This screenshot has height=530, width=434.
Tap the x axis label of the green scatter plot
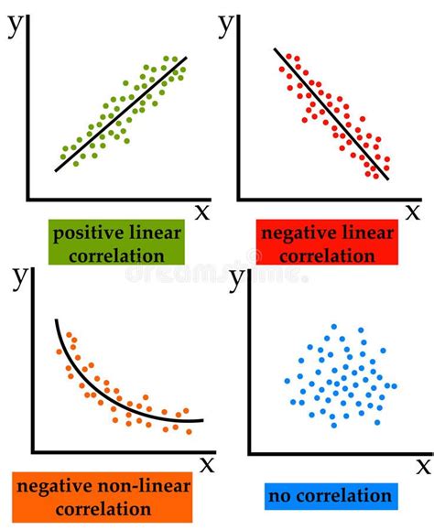click(202, 211)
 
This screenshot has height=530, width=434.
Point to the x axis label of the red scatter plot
click(414, 211)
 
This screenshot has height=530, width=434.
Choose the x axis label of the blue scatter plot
click(423, 466)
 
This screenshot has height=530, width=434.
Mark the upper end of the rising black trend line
click(187, 58)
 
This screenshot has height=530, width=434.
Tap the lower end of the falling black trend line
click(388, 179)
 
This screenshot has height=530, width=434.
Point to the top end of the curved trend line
click(57, 320)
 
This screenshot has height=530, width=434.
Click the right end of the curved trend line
click(203, 421)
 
